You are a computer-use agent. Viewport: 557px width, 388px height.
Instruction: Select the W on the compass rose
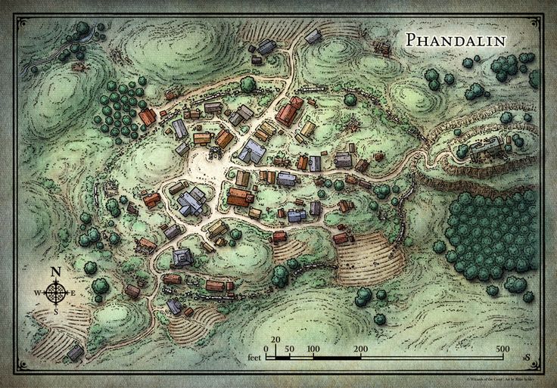[37, 293]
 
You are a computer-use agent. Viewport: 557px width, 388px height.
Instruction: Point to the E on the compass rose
[73, 293]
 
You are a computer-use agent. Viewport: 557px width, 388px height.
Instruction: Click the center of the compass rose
[55, 293]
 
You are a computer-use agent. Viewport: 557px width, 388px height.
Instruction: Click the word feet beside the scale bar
[254, 355]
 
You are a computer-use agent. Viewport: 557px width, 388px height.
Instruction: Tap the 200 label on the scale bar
[361, 349]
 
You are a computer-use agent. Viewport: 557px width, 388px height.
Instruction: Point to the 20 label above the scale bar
[275, 340]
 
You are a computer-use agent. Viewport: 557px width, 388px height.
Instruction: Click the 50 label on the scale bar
[290, 349]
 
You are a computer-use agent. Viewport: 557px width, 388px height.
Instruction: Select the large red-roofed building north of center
[289, 112]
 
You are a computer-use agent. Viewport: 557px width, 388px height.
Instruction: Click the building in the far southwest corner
[75, 352]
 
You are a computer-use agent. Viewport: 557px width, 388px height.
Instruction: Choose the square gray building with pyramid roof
[183, 257]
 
